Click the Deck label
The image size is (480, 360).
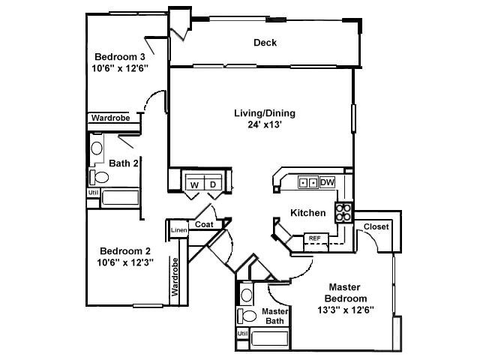[x=265, y=43]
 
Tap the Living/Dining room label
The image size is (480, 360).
[x=265, y=113]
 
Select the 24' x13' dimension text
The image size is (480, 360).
[x=265, y=125]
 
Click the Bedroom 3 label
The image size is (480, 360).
[x=120, y=56]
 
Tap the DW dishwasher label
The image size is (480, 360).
[x=327, y=182]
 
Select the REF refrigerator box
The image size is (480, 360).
[x=315, y=238]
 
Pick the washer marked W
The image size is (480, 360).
[x=194, y=184]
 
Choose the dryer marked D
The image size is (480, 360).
[x=212, y=184]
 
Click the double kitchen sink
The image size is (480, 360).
[x=307, y=182]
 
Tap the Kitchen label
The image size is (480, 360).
[x=308, y=213]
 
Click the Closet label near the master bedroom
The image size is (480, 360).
[x=376, y=226]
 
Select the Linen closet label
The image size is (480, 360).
[x=178, y=230]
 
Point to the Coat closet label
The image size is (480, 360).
[x=204, y=224]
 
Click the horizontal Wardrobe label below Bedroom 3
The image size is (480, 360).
[x=110, y=118]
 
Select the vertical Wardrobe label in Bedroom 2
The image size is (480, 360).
[x=175, y=278]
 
